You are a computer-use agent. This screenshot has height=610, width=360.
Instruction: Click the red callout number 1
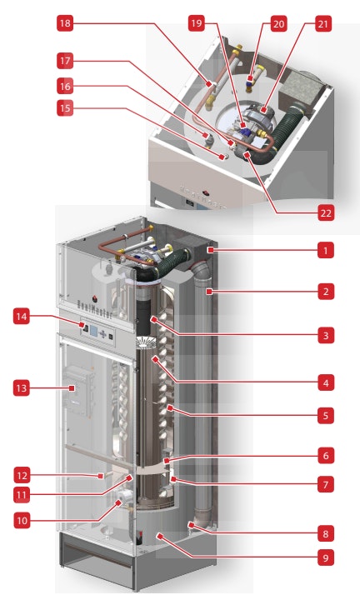click(x=326, y=248)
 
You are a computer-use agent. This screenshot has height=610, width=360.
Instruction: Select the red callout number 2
click(x=326, y=292)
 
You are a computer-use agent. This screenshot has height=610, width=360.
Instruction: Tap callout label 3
click(x=326, y=336)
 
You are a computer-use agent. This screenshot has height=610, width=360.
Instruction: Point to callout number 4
click(x=326, y=382)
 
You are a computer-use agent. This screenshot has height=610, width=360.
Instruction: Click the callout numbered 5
click(x=326, y=413)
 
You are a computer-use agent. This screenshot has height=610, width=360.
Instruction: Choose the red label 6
click(x=326, y=457)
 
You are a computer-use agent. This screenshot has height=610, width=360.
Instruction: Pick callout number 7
click(x=326, y=482)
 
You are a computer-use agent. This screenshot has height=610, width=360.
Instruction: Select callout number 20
click(x=278, y=24)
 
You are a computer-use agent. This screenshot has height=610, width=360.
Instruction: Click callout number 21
click(x=322, y=24)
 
